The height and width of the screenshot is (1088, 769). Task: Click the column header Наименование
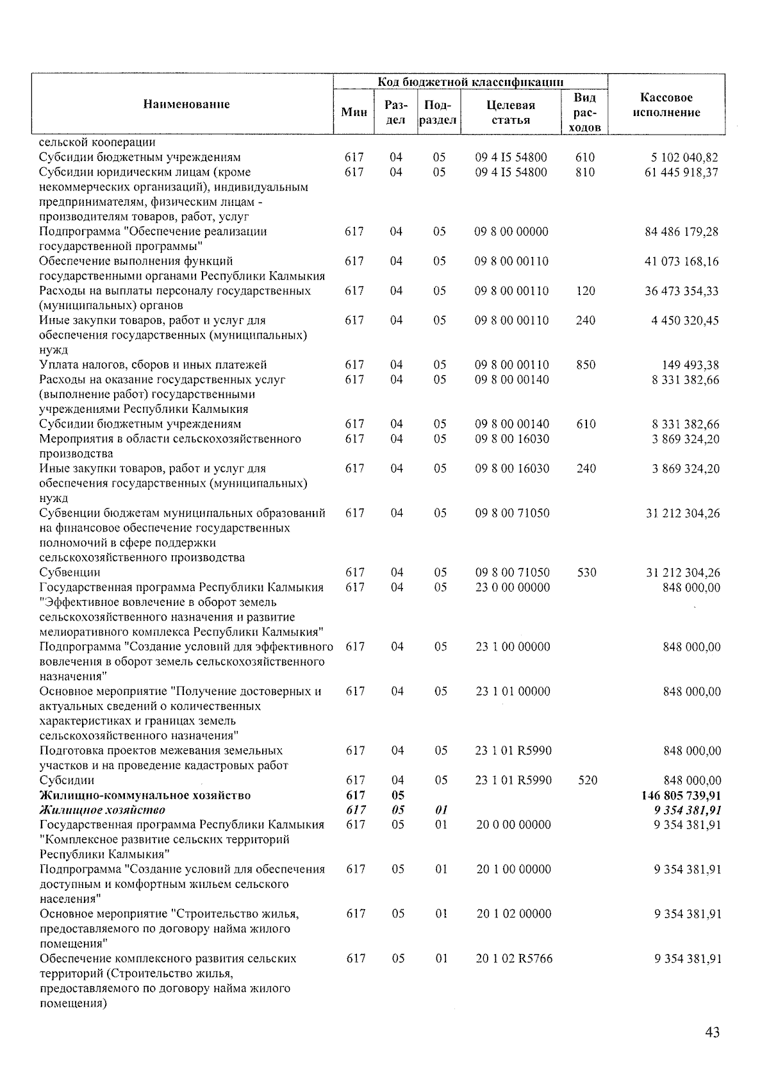point(186,105)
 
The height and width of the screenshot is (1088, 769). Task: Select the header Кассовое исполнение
point(666,105)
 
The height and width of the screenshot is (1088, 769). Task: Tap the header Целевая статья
point(511,112)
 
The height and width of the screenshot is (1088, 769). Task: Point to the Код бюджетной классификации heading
point(470,81)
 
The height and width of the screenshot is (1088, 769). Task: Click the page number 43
point(712,1032)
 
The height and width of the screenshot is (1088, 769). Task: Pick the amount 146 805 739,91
point(681,795)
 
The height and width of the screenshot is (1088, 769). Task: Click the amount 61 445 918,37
point(681,172)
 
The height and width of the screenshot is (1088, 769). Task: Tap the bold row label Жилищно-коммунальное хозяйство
point(145,795)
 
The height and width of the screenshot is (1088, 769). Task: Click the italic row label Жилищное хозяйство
point(102,810)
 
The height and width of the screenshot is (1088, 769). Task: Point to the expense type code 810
point(585,172)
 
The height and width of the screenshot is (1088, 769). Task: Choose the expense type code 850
point(585,365)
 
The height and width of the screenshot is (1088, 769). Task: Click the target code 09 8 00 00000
point(511,231)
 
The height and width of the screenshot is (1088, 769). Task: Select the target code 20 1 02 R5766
point(514,958)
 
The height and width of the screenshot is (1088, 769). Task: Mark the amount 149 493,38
point(690,365)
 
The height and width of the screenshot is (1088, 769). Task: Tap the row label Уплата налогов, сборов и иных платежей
point(153,365)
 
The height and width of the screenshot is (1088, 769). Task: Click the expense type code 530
point(586,573)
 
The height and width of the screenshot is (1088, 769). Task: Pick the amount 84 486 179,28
point(681,231)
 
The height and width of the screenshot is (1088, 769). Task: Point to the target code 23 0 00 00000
point(513,587)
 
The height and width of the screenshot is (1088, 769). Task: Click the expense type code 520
point(587,780)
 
